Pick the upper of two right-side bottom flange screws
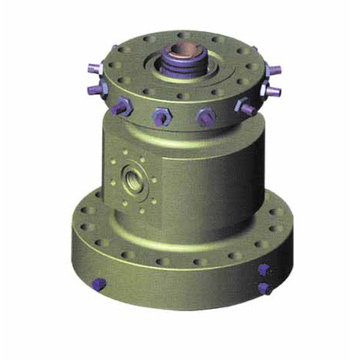[262, 270]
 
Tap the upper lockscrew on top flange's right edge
[275, 69]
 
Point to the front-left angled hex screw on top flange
[118, 108]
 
